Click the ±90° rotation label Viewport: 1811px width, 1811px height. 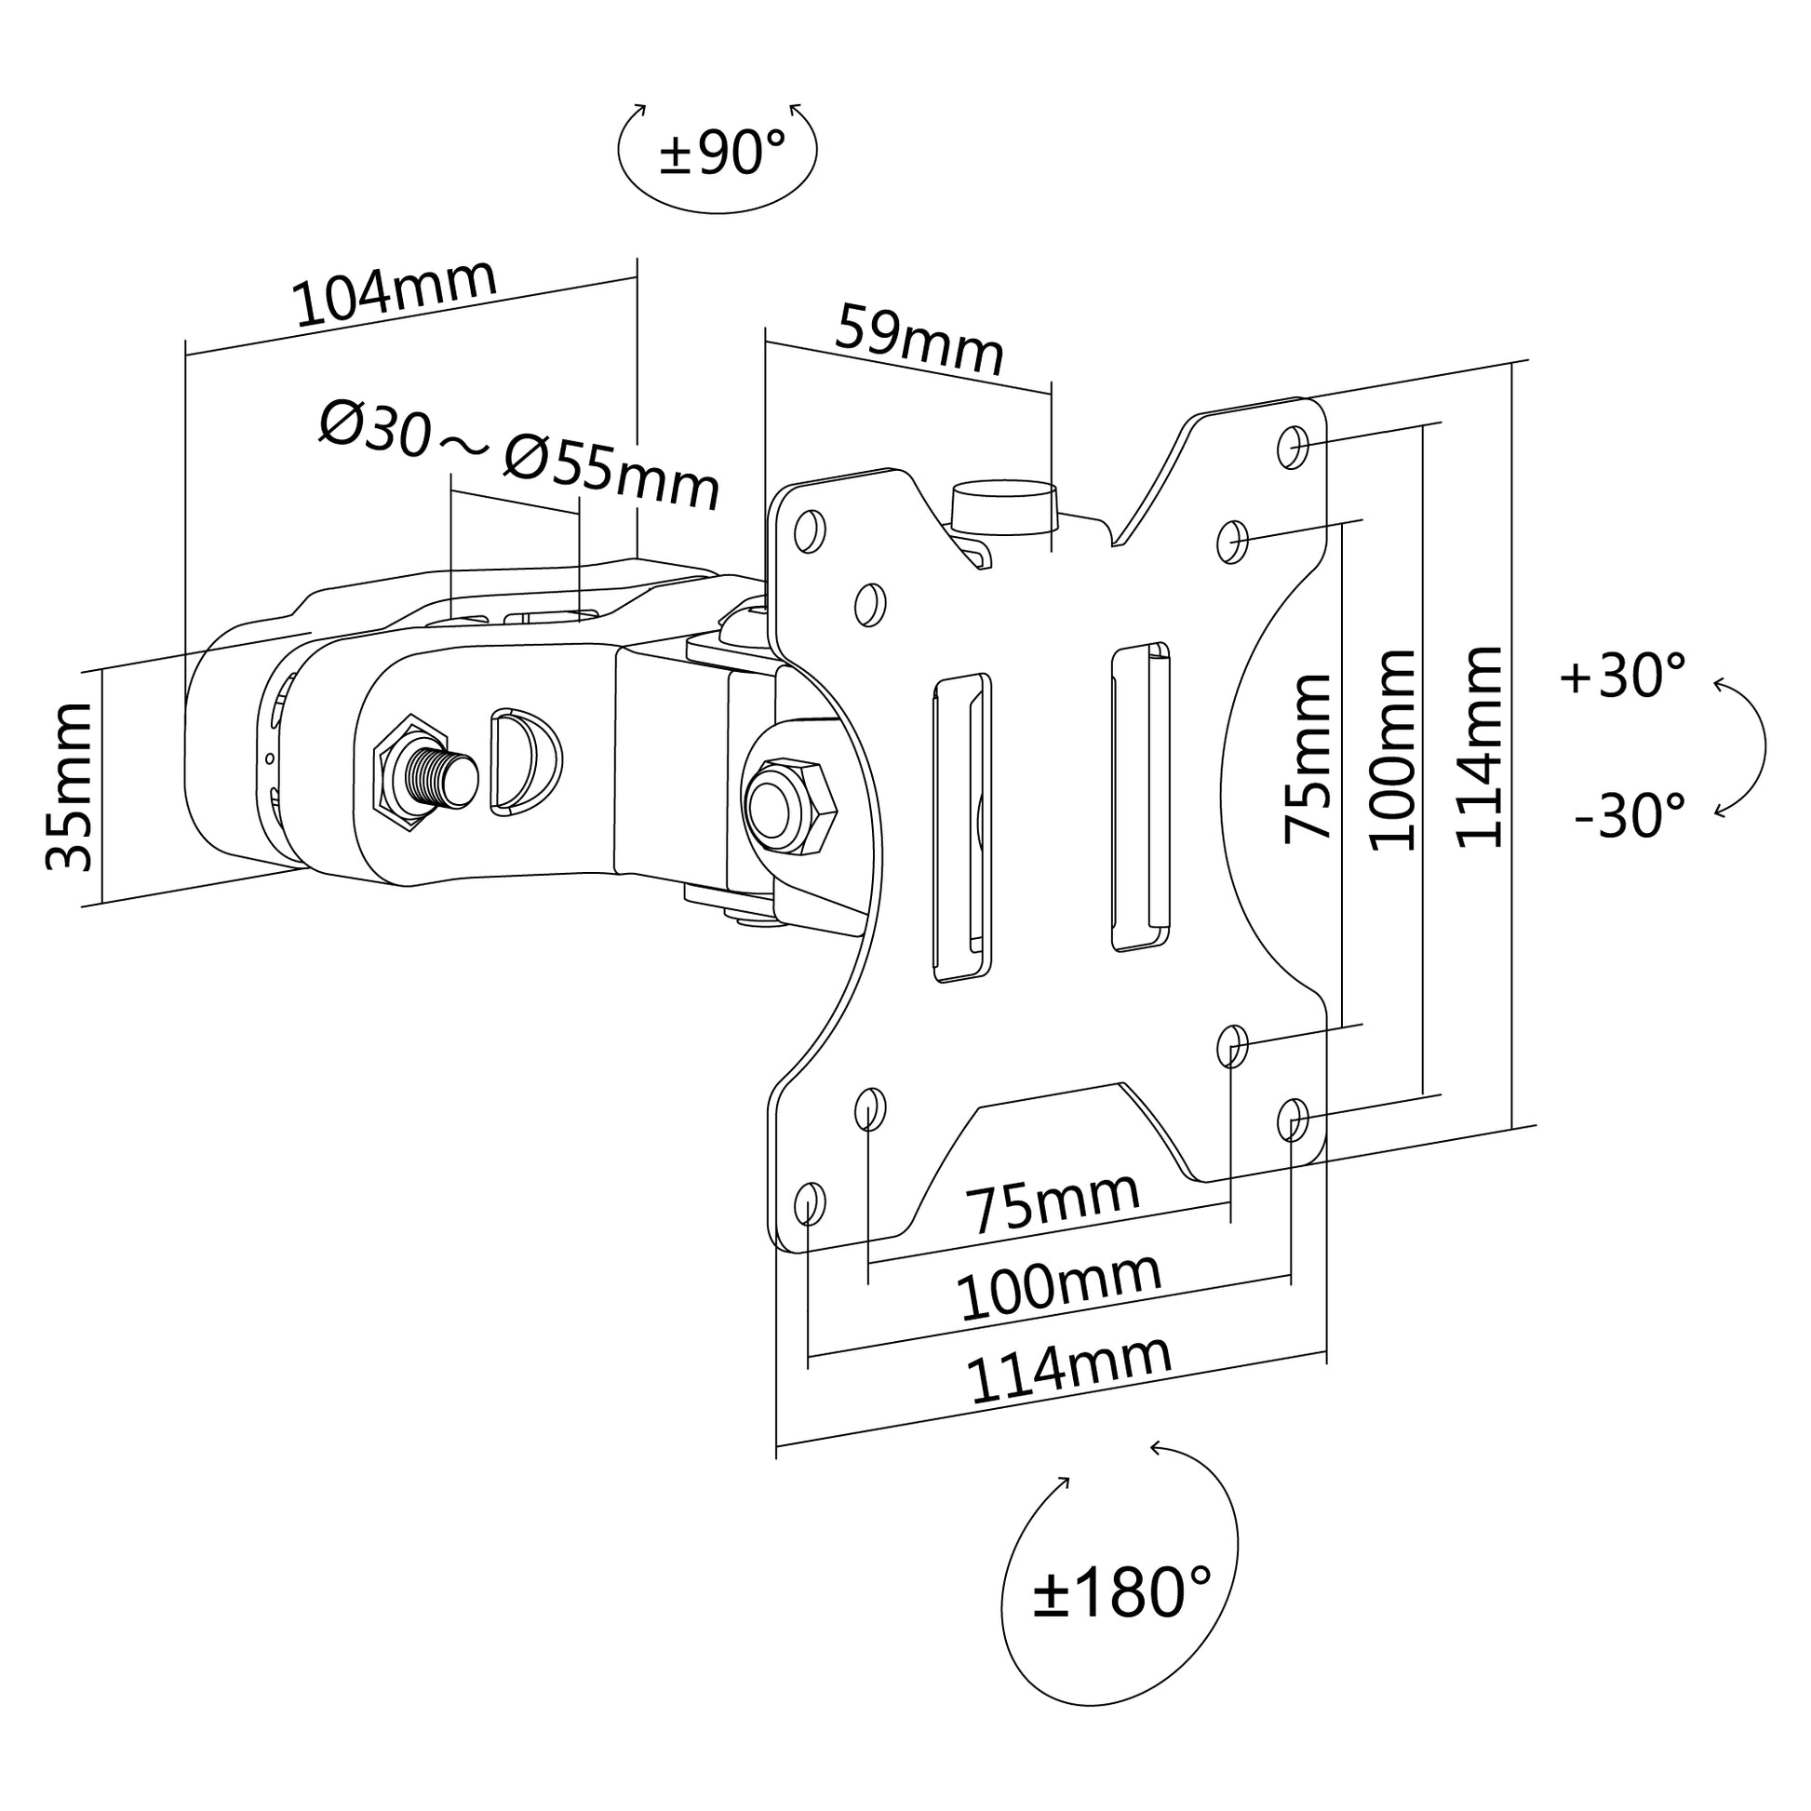coord(722,153)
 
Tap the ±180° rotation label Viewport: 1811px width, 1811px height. coord(1121,1590)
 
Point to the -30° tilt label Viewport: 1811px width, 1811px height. coord(1630,814)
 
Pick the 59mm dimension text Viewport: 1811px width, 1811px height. coord(919,340)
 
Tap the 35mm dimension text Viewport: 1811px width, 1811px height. coord(71,786)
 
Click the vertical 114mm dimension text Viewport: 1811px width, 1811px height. coord(1479,747)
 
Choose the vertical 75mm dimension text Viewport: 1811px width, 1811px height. coord(1308,758)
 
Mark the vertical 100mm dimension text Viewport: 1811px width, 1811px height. coord(1393,750)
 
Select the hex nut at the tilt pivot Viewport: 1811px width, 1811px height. coord(788,806)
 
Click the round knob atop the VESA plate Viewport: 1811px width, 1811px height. coord(1004,507)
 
